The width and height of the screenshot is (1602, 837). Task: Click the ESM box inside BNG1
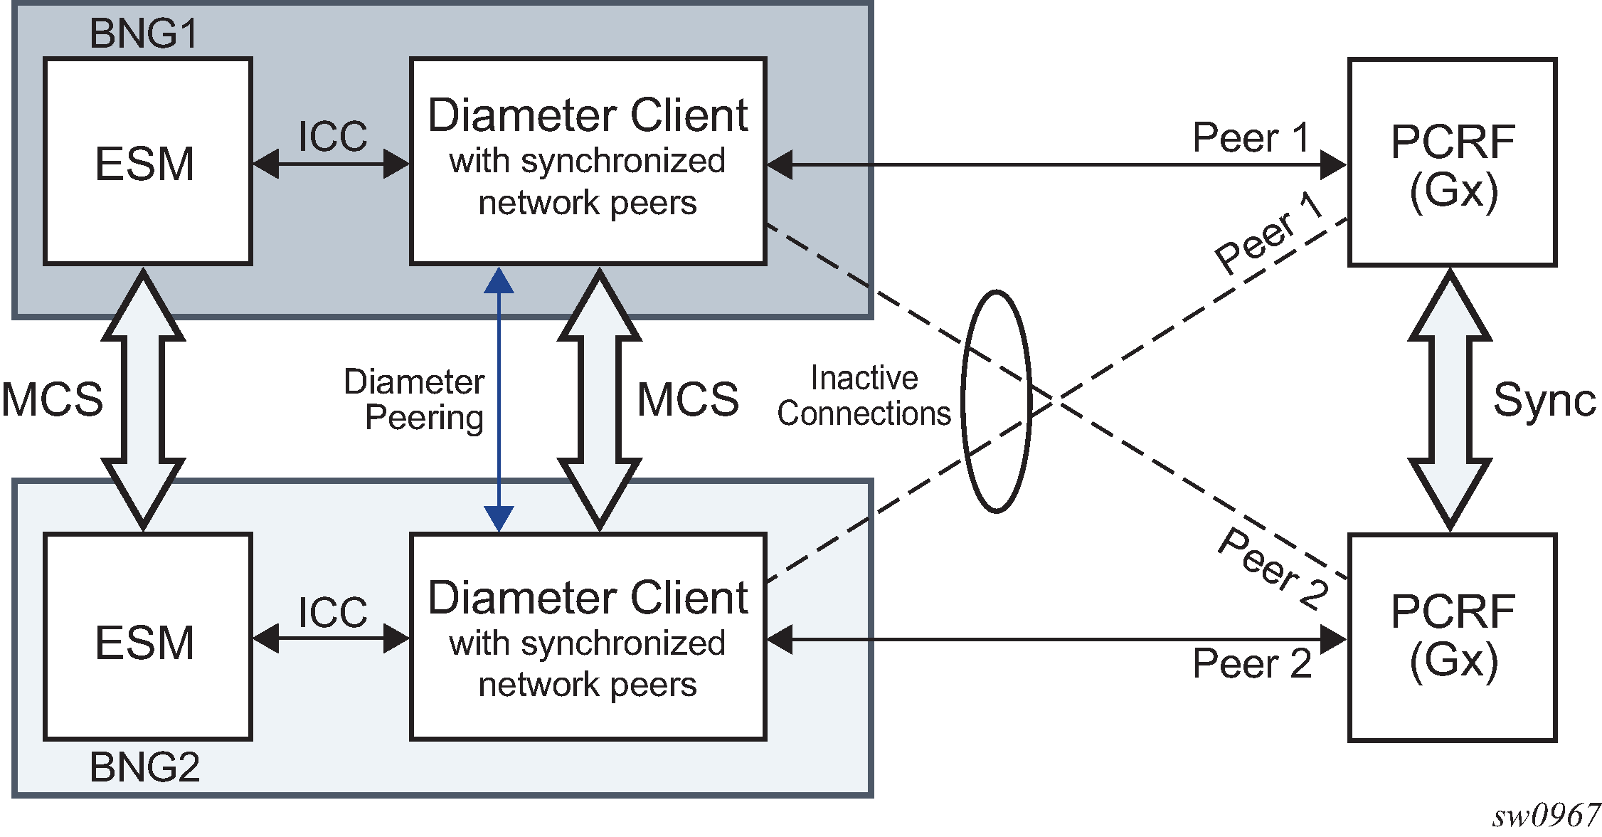[147, 162]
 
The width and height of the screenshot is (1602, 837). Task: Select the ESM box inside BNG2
[147, 638]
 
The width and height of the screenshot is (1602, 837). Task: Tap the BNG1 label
[143, 33]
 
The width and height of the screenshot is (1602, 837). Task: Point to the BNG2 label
[144, 767]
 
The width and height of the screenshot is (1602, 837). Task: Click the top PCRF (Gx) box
[1452, 162]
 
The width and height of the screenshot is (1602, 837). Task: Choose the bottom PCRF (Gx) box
[1452, 638]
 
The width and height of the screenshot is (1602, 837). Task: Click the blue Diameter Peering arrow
[499, 399]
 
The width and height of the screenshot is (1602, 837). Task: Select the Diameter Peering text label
[415, 399]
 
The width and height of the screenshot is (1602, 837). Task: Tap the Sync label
[1544, 400]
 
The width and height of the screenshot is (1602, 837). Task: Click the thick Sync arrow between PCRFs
[1450, 400]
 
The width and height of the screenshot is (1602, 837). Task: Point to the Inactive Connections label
[864, 396]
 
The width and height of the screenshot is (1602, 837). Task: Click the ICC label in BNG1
[332, 136]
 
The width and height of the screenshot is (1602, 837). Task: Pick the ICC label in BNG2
[332, 612]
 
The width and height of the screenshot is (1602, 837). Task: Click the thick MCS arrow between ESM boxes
[143, 399]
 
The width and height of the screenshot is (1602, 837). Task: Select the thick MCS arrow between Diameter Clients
[600, 399]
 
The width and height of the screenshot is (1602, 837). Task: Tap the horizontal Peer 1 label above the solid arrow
[1251, 137]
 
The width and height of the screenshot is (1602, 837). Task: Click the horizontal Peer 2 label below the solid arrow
[1252, 664]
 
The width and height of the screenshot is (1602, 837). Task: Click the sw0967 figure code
[1545, 816]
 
